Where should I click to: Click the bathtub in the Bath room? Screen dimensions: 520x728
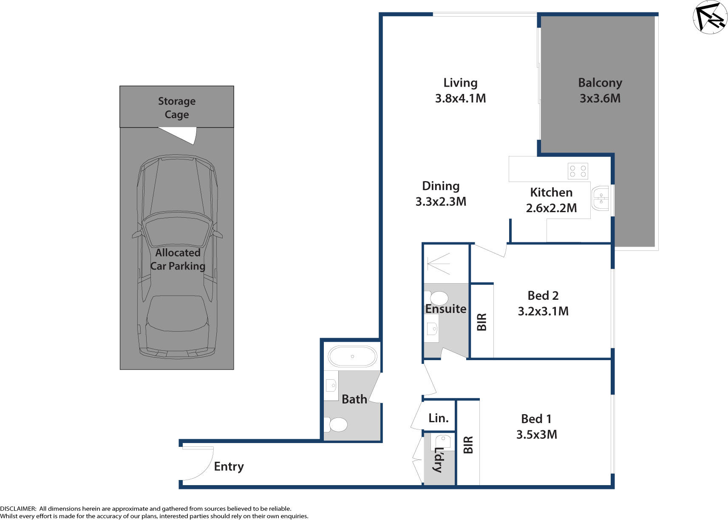[352, 357]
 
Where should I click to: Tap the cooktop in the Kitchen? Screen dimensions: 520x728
[578, 171]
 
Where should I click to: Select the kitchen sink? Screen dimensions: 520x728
[600, 198]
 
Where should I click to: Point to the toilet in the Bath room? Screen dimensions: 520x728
[337, 424]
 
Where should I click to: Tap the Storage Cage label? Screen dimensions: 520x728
[177, 108]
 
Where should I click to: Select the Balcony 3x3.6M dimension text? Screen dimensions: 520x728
[600, 98]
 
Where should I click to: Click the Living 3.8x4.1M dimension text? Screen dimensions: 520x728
[460, 98]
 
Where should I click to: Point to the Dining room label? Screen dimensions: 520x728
[441, 186]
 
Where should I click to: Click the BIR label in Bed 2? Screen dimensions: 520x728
[482, 322]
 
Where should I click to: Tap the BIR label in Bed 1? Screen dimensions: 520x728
[468, 445]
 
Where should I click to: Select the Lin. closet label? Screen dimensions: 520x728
[438, 418]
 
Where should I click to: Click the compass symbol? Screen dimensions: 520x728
[710, 17]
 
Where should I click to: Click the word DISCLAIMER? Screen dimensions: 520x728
[18, 509]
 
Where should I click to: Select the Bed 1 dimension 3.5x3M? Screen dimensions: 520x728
[536, 435]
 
